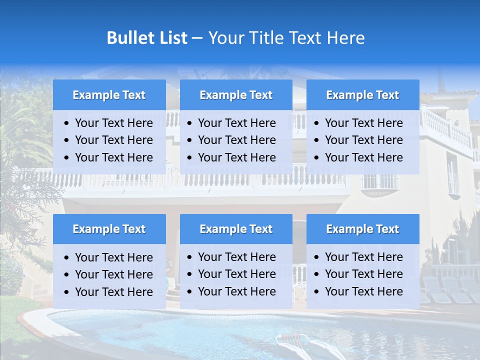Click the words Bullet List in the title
[147, 38]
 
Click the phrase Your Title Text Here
[286, 38]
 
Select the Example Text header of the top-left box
[109, 95]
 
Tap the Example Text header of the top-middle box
[236, 95]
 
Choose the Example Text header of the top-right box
[362, 95]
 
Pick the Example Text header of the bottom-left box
[109, 229]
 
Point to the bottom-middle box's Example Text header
[236, 229]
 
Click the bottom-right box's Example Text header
[362, 229]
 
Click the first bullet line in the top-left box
[113, 123]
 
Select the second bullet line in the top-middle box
[236, 140]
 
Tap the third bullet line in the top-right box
[363, 157]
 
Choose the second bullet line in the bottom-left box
[113, 274]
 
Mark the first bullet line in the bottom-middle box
[236, 257]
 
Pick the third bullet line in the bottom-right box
[363, 291]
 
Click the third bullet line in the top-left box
[113, 157]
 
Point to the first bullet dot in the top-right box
[317, 123]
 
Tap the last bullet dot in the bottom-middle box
[190, 292]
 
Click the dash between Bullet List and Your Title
[197, 38]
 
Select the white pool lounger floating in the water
[300, 345]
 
